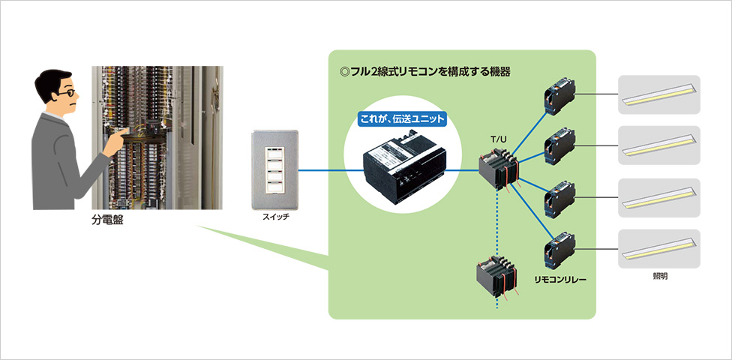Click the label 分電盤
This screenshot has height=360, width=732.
click(107, 221)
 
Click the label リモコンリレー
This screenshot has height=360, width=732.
click(560, 279)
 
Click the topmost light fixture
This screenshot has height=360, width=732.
click(659, 94)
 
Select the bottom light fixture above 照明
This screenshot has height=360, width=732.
click(659, 249)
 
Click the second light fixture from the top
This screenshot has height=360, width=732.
click(659, 145)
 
